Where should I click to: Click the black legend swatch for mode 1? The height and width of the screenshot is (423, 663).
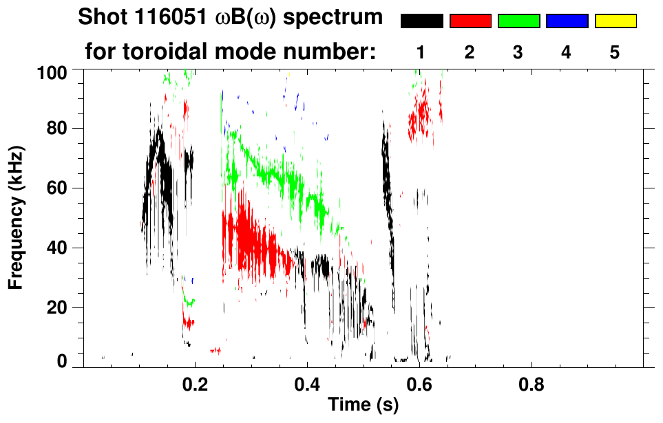[422, 21]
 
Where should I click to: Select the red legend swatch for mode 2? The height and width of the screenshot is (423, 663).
[470, 21]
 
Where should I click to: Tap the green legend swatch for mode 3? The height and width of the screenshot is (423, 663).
[518, 21]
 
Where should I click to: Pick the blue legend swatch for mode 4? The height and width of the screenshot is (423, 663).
[567, 21]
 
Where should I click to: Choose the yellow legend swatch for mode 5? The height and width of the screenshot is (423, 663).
[615, 21]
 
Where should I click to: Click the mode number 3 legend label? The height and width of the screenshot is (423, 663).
[518, 52]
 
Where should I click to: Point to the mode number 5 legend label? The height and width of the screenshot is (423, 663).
[615, 52]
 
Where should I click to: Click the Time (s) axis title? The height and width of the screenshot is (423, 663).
[363, 406]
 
